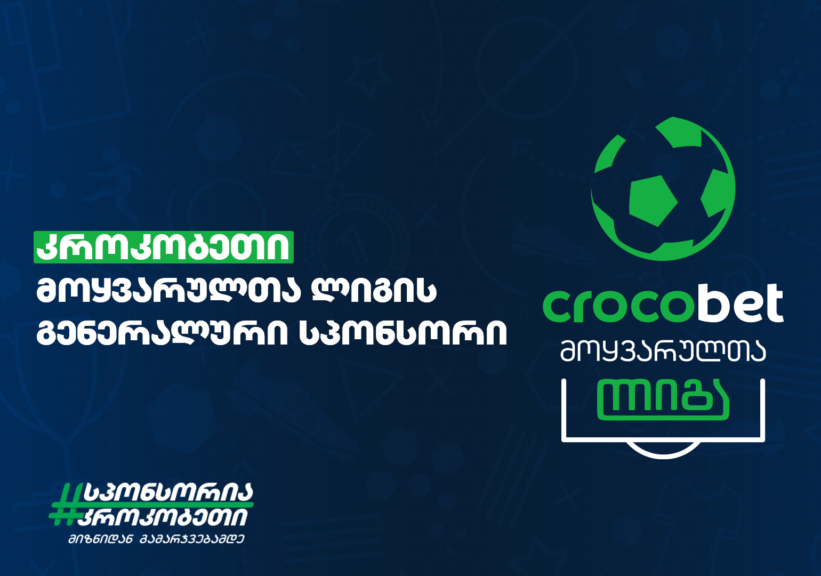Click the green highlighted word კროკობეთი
point(164,247)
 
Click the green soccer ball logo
point(663,189)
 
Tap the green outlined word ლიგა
point(663,400)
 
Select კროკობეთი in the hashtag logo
point(165,516)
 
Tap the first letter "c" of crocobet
point(558,307)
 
